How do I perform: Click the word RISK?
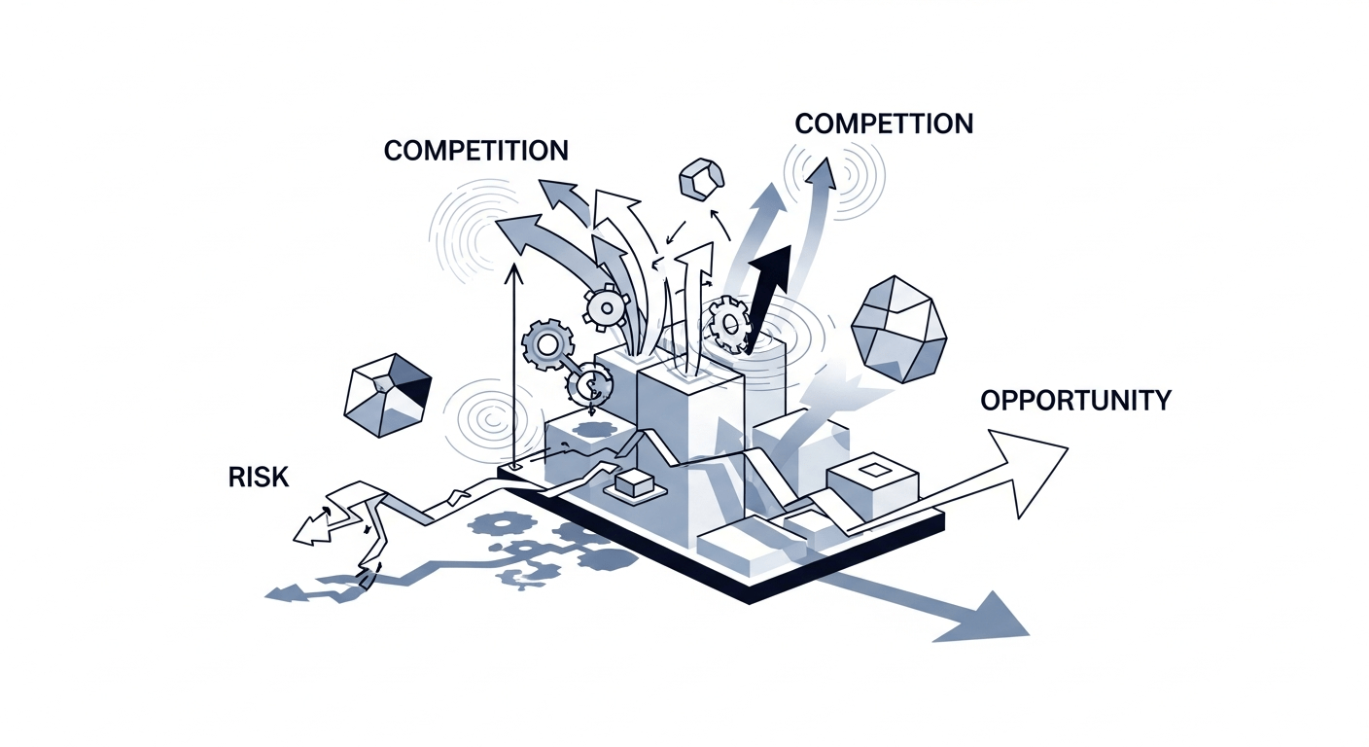[260, 477]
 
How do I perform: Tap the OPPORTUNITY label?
[1075, 400]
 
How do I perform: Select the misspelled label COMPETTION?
[883, 124]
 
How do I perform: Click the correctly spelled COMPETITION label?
[475, 151]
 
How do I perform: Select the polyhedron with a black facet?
[388, 395]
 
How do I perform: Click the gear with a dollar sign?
[589, 387]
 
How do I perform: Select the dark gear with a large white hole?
[544, 344]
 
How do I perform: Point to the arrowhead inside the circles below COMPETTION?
[823, 175]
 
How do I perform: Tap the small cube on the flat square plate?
[632, 481]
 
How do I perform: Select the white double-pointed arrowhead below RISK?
[309, 526]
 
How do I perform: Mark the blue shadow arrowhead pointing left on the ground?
[281, 592]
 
